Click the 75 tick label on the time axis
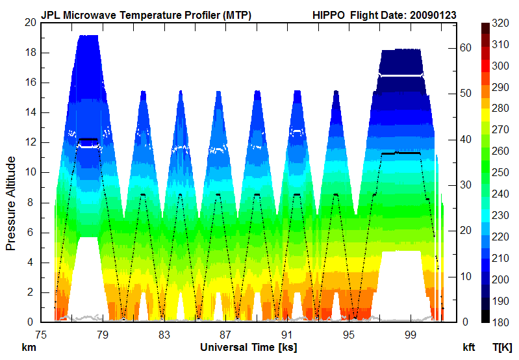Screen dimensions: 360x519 tap(40, 335)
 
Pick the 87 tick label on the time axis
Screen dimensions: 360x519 tap(225, 335)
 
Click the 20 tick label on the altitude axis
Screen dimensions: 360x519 tap(29, 23)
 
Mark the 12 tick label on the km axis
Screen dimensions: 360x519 tap(29, 142)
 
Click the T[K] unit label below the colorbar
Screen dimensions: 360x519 tap(503, 347)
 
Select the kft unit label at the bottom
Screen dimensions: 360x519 tap(469, 347)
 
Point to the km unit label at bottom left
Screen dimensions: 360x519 tap(29, 347)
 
